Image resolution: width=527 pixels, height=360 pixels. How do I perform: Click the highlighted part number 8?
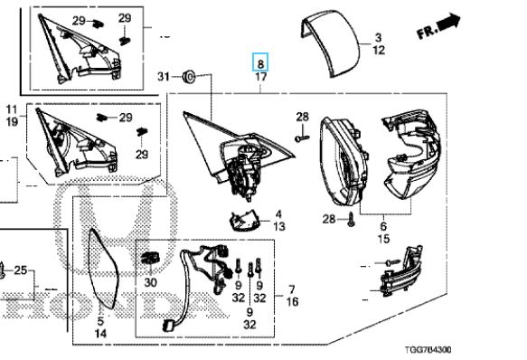coord(260,63)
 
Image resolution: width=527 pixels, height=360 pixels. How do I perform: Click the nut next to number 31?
coord(189,77)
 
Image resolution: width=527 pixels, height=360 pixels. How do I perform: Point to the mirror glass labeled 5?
coord(103,269)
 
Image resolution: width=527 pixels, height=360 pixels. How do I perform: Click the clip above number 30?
coord(151,258)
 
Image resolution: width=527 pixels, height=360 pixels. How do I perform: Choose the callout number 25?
coord(20,270)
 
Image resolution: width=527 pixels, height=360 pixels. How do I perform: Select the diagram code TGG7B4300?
coord(428,349)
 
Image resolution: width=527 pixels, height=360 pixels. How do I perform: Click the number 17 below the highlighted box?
coord(261,77)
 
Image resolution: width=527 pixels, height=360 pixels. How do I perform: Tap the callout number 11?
coord(12,109)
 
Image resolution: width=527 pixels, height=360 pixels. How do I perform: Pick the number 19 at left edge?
coord(12,121)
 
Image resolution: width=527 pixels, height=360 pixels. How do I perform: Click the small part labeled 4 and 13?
coord(242,221)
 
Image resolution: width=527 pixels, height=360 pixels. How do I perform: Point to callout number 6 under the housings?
coord(383,225)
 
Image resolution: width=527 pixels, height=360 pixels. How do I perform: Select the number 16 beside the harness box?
coord(292,302)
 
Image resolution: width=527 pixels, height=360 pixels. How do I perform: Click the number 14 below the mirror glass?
coord(100,334)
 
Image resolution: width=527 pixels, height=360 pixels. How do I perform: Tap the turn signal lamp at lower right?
coord(400,272)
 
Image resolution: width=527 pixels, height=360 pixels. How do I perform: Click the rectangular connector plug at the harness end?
coord(168,326)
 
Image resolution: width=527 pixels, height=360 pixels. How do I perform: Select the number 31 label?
coord(164,77)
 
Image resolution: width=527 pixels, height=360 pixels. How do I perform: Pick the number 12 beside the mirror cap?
coord(379,51)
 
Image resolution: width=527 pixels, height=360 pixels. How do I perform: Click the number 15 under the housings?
coord(383,239)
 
